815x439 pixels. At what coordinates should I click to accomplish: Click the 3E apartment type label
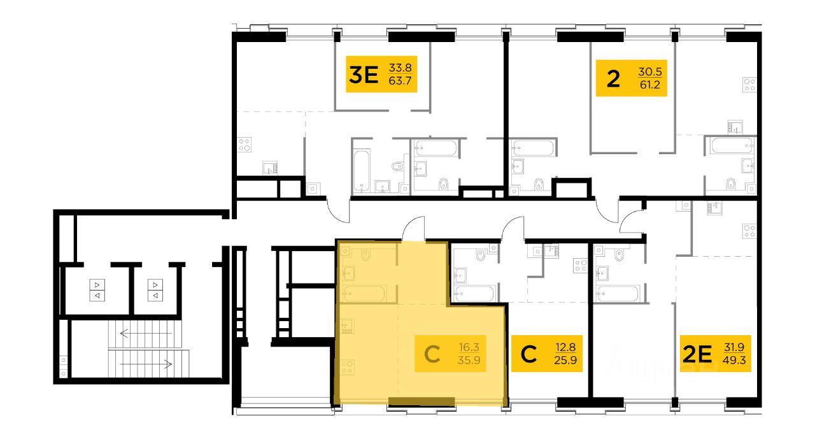pos(364,75)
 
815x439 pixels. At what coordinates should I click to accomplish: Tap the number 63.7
pos(400,81)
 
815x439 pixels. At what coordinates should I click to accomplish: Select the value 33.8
pos(400,68)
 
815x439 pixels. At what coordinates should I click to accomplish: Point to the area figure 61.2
pos(650,85)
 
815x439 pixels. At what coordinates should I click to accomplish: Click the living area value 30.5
pos(650,72)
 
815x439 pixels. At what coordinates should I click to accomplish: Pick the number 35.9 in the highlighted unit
pos(469,361)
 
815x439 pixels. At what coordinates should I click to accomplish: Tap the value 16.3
pos(469,347)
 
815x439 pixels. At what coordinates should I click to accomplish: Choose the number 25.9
pos(565,361)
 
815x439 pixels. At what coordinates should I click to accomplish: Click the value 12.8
pos(565,347)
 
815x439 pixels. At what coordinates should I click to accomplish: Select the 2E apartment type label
pos(697,354)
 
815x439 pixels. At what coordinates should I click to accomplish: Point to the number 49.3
pos(734,361)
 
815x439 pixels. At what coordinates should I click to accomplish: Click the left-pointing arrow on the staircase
pos(146,333)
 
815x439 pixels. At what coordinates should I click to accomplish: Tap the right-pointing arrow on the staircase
pos(146,364)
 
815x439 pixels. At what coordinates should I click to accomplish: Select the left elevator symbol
pos(97,290)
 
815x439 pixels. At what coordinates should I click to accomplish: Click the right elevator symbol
pos(155,290)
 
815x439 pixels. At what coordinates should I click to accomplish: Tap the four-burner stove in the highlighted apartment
pos(347,367)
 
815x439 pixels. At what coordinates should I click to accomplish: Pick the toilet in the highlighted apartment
pos(365,254)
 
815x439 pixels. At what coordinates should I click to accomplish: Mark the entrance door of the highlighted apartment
pos(413,229)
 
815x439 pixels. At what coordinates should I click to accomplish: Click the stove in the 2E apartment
pos(749,231)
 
